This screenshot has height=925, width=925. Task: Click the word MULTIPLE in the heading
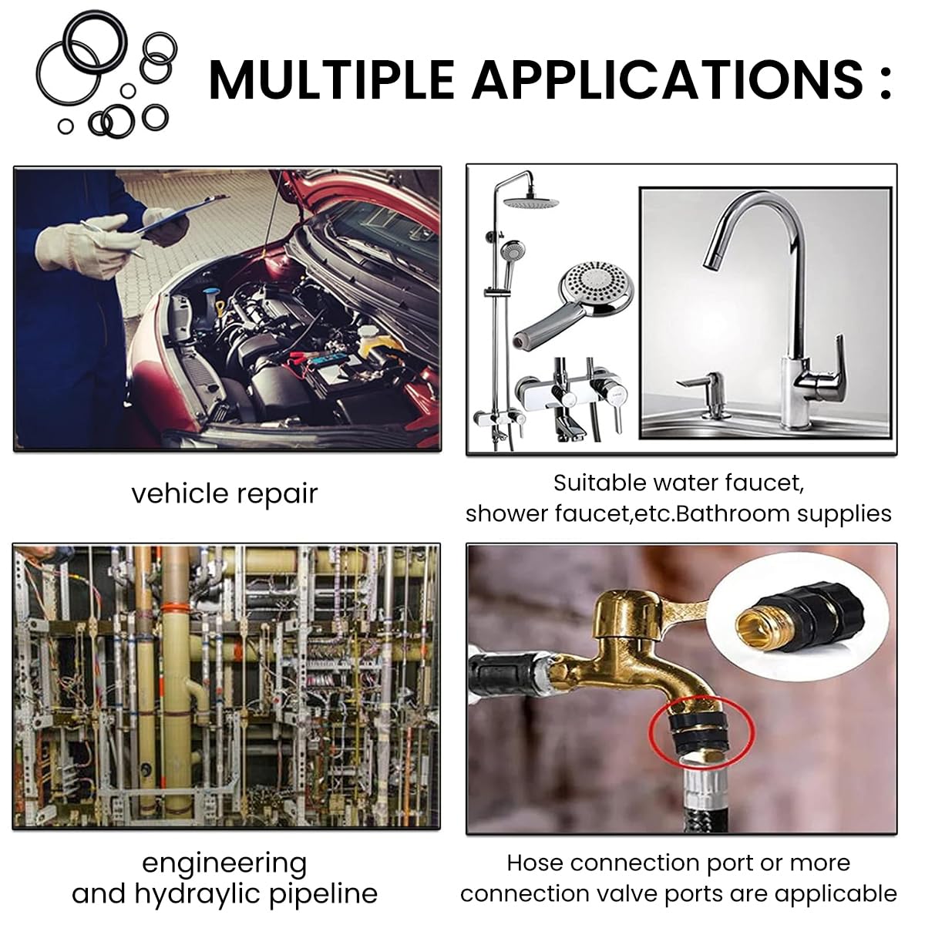[x=331, y=79]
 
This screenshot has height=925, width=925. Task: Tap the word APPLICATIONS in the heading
[x=668, y=79]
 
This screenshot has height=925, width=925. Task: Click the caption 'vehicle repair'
[x=224, y=493]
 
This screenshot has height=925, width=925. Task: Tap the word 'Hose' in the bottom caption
[x=534, y=863]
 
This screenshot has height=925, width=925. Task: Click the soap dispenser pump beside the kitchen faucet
[x=702, y=398]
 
